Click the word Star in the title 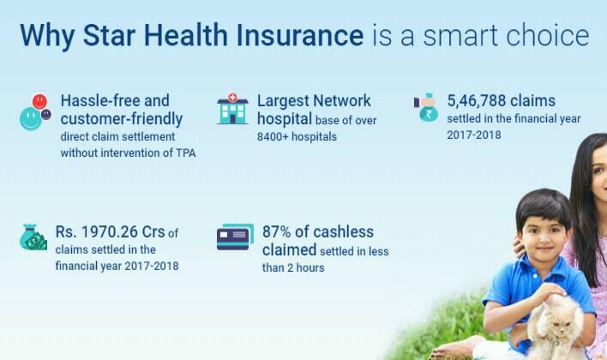click(109, 35)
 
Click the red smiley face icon click(39, 102)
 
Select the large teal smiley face click(30, 118)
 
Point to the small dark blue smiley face click(46, 114)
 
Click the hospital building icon click(232, 109)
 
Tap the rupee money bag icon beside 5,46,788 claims click(427, 108)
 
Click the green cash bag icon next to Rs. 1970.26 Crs click(33, 237)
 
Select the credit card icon click(235, 237)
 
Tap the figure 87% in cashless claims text click(276, 232)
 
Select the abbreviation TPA click(186, 153)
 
